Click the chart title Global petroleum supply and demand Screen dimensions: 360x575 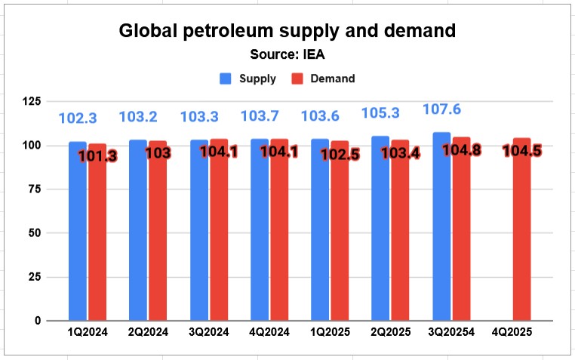(x=287, y=32)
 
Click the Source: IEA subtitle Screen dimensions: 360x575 (x=287, y=54)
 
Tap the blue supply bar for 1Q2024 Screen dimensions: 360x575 (x=78, y=230)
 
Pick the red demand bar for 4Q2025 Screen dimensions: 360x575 (x=522, y=234)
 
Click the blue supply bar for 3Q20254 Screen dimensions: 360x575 (x=441, y=226)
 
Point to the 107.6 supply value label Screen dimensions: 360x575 (x=441, y=110)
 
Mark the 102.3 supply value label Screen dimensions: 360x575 (x=78, y=118)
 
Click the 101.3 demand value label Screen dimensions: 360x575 (x=97, y=156)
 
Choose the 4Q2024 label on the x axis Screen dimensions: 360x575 (x=269, y=333)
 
